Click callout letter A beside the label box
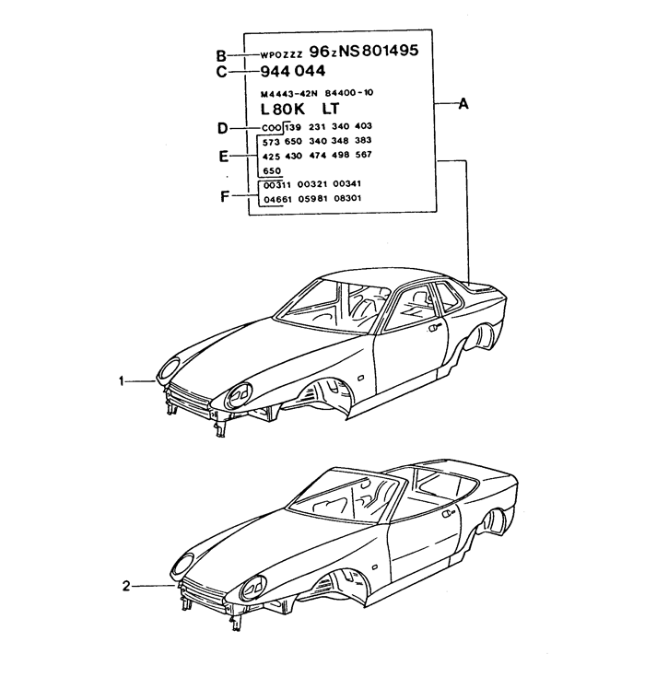[x=463, y=104]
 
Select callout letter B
[x=221, y=56]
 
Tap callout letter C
[x=221, y=71]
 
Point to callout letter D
[x=222, y=128]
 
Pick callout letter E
[x=224, y=157]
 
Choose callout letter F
[x=225, y=196]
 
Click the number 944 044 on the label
[x=293, y=71]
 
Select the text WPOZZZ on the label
[x=281, y=55]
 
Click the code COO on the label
[x=271, y=128]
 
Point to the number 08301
[x=347, y=198]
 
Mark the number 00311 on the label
[x=277, y=185]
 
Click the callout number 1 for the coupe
[x=122, y=381]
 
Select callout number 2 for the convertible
[x=126, y=586]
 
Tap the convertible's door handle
[x=449, y=514]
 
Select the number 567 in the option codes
[x=364, y=154]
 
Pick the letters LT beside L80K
[x=331, y=108]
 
